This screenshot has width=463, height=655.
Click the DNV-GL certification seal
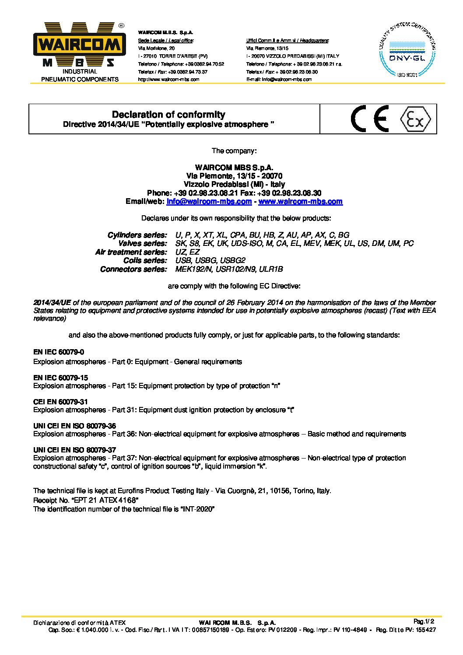pyautogui.click(x=407, y=51)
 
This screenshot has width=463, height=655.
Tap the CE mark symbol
pyautogui.click(x=370, y=119)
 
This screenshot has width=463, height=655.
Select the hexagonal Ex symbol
pyautogui.click(x=415, y=119)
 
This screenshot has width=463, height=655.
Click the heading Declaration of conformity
pyautogui.click(x=168, y=115)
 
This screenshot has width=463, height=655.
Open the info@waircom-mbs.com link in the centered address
pyautogui.click(x=209, y=202)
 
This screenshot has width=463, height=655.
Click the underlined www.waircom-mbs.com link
pyautogui.click(x=300, y=202)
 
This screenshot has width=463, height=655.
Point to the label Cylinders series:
pyautogui.click(x=137, y=235)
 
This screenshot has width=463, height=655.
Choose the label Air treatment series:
pyautogui.click(x=131, y=252)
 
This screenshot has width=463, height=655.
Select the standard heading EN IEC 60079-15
pyautogui.click(x=60, y=378)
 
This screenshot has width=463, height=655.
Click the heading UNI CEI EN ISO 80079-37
pyautogui.click(x=74, y=450)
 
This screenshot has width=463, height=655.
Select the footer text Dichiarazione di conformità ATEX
pyautogui.click(x=79, y=623)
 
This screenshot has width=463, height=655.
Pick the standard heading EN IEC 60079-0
pyautogui.click(x=59, y=352)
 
